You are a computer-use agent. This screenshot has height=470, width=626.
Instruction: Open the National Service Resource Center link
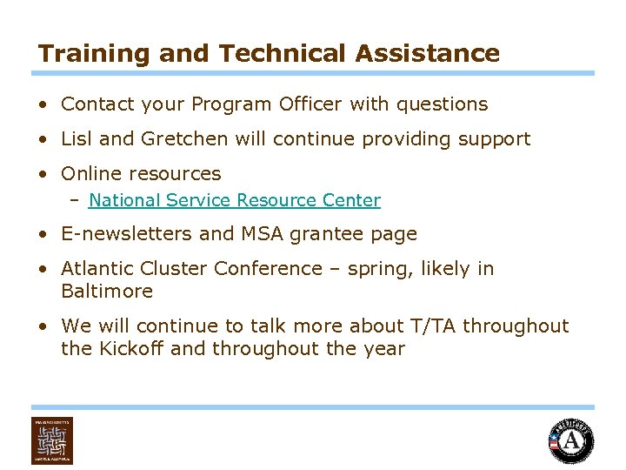click(x=234, y=200)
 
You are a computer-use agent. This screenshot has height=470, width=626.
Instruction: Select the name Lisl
click(x=77, y=139)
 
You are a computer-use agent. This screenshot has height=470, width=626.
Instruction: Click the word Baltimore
click(x=107, y=292)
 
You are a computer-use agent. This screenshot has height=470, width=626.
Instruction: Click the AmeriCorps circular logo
click(x=570, y=440)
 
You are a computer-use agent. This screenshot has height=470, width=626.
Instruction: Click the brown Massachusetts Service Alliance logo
click(x=52, y=440)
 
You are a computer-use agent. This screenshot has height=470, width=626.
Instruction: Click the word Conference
click(x=268, y=269)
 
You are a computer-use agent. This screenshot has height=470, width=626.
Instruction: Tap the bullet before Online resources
click(x=43, y=174)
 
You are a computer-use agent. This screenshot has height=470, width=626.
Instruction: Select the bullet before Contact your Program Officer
click(x=43, y=104)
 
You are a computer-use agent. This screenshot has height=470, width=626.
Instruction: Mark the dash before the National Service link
click(x=76, y=200)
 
